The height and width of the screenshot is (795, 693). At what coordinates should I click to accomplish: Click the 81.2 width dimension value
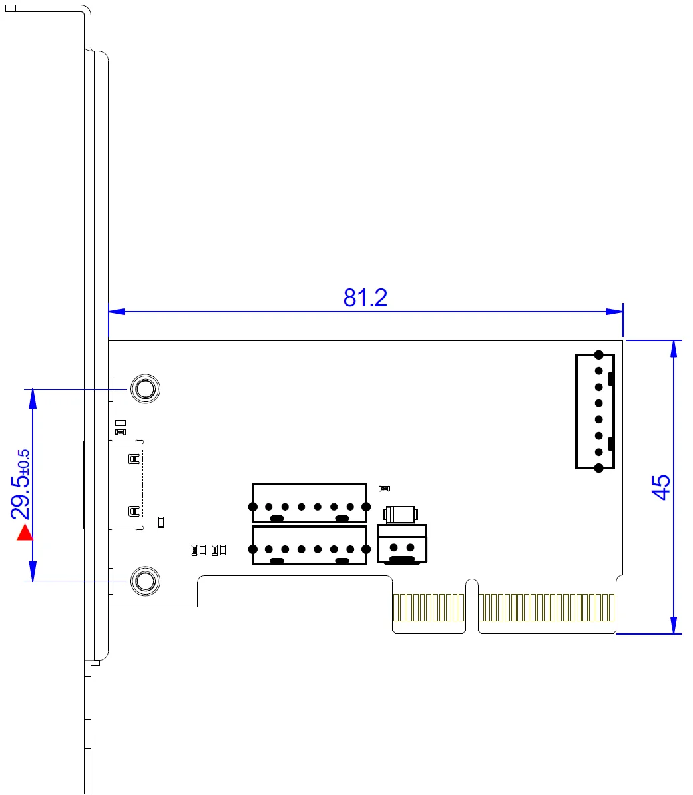tap(365, 298)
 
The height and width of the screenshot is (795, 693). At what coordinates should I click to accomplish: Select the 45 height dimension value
tap(660, 487)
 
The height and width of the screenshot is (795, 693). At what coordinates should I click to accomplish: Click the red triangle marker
tap(25, 533)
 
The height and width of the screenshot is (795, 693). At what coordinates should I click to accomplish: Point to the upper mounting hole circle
tap(144, 388)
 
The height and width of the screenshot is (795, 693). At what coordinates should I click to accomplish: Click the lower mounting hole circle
tap(144, 581)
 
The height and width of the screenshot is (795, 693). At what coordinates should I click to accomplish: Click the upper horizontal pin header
tap(309, 503)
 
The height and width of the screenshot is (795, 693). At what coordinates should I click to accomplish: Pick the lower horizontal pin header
tap(309, 545)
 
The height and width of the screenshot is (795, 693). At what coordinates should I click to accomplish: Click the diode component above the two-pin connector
tap(399, 514)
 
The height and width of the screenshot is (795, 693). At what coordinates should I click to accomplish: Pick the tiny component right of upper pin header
tap(383, 489)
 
